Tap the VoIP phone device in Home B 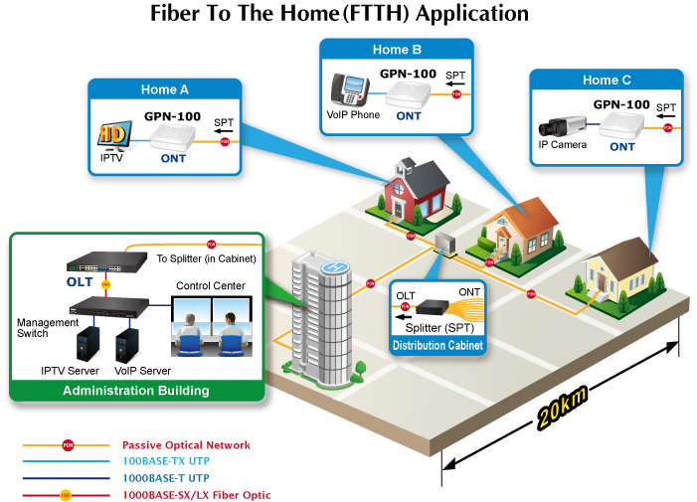pos(351,91)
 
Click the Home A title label pos(165,89)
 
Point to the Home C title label pos(607,81)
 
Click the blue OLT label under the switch pos(80,281)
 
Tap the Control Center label pos(211,286)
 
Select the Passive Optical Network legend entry pos(186,445)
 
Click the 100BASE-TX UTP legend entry pos(165,461)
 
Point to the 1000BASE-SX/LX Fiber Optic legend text pos(196,494)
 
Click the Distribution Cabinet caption pos(437,346)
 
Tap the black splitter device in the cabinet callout pos(435,307)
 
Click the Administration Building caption pos(136,391)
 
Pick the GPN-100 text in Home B pos(408,72)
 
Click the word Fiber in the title pos(177,14)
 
